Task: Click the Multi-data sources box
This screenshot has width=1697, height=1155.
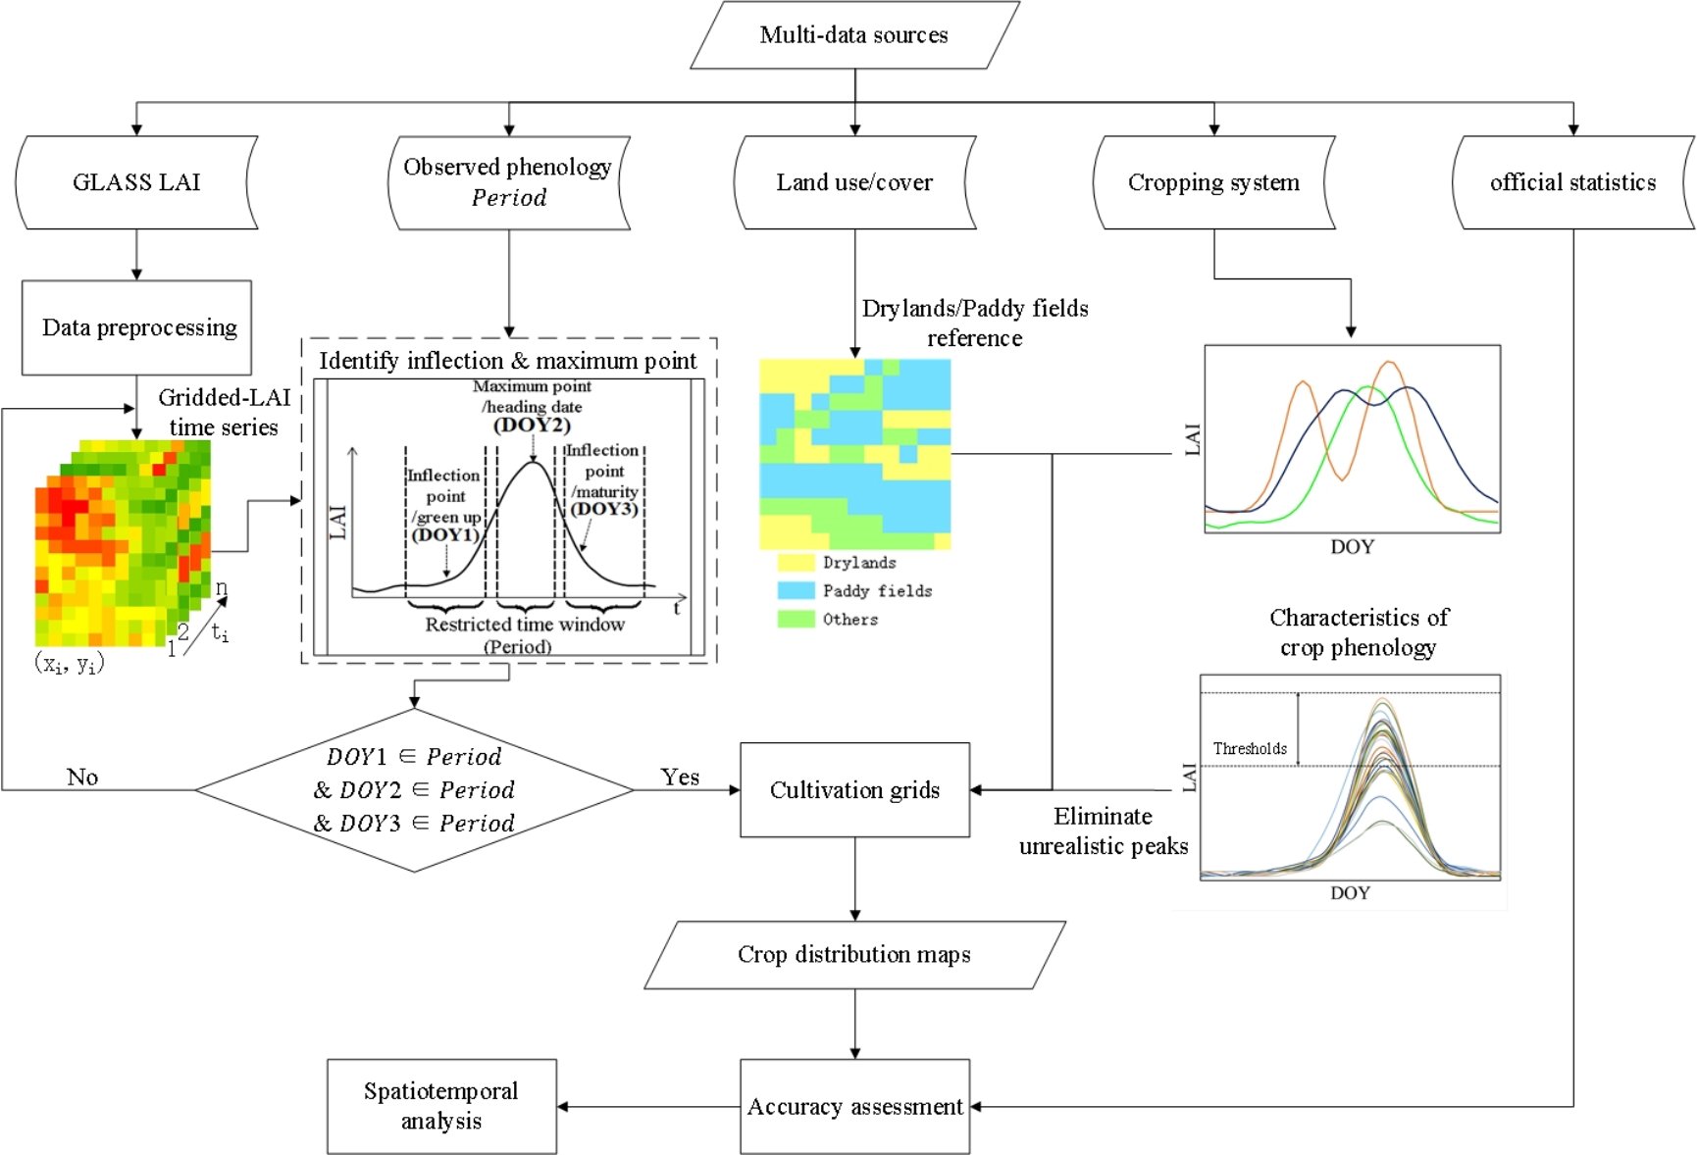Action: [x=854, y=35]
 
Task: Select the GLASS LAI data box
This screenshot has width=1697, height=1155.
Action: [x=136, y=182]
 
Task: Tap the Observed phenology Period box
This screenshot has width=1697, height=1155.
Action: [x=508, y=182]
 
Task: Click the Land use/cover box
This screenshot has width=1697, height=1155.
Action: [x=854, y=182]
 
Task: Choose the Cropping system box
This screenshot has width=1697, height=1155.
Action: [x=1213, y=182]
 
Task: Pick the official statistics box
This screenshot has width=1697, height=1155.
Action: [x=1572, y=182]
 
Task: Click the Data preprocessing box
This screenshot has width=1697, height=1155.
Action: [x=137, y=327]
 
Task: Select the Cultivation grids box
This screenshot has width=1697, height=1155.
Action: [x=854, y=790]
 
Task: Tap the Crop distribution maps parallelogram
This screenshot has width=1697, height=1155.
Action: [x=854, y=955]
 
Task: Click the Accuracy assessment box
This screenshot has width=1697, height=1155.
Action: [x=854, y=1107]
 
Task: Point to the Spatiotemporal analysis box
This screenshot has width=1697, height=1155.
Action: [x=441, y=1107]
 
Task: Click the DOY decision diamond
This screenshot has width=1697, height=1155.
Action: [x=414, y=789]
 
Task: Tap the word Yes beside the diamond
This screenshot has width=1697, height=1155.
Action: [x=680, y=778]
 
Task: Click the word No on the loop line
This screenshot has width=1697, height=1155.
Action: [x=82, y=778]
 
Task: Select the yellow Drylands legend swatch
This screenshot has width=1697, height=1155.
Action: [x=796, y=563]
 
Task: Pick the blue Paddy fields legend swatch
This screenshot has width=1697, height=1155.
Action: [x=796, y=590]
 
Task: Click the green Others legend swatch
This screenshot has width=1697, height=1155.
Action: [x=796, y=619]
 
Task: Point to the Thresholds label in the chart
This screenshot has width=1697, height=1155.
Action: [x=1250, y=749]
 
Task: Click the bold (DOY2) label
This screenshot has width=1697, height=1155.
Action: [x=532, y=426]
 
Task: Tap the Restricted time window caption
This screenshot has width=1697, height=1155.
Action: [x=525, y=625]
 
